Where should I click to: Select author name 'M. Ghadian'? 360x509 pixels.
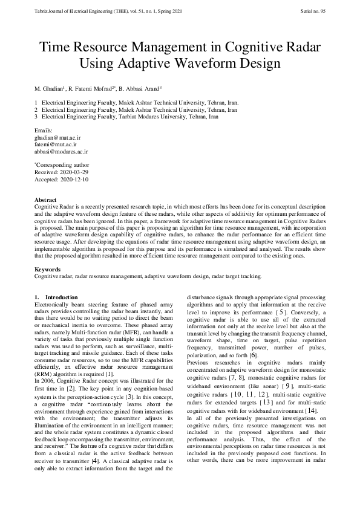pos(50,89)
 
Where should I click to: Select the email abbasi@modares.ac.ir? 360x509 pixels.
pos(61,152)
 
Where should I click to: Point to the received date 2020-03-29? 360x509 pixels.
pos(73,172)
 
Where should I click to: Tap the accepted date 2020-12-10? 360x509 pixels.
pos(74,179)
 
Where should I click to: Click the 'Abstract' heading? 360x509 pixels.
pos(46,199)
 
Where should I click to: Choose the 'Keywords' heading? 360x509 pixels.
pos(47,269)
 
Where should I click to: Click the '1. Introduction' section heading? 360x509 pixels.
pos(56,297)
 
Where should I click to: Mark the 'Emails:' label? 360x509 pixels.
pos(44,131)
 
